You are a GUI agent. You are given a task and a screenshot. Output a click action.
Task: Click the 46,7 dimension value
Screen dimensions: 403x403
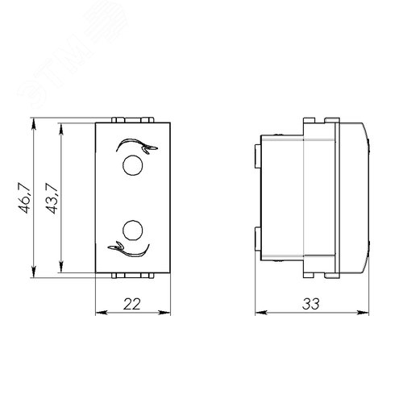click(x=24, y=198)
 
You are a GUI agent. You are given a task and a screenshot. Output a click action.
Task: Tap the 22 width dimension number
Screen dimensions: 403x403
click(x=132, y=304)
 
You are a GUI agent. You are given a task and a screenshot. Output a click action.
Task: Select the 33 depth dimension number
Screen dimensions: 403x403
click(x=311, y=304)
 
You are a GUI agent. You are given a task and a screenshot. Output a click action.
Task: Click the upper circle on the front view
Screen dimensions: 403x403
click(x=132, y=165)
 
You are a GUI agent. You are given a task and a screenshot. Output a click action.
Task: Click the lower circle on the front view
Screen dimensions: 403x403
click(x=132, y=231)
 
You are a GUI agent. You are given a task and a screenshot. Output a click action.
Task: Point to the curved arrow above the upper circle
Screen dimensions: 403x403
click(x=136, y=146)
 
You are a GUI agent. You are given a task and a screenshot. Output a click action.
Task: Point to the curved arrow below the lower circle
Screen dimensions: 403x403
click(x=128, y=249)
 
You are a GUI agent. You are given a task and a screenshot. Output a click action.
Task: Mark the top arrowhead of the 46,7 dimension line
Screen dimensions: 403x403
click(x=34, y=124)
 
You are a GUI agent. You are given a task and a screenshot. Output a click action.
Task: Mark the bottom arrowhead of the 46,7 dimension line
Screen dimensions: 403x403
click(x=34, y=272)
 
